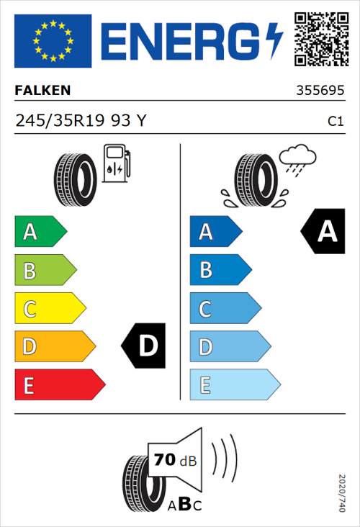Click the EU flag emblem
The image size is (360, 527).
click(x=53, y=41)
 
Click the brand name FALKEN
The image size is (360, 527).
click(x=42, y=91)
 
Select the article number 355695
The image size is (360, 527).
click(x=319, y=91)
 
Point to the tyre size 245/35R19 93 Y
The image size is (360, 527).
click(x=81, y=121)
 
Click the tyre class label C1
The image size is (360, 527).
click(x=335, y=122)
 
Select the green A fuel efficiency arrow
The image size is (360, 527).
click(x=40, y=232)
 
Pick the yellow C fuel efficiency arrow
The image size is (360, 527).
click(x=49, y=308)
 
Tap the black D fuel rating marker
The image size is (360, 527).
click(x=144, y=346)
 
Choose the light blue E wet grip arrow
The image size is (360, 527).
click(x=233, y=384)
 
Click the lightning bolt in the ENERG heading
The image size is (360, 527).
click(x=274, y=41)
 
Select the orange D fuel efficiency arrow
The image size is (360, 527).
click(x=54, y=346)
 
